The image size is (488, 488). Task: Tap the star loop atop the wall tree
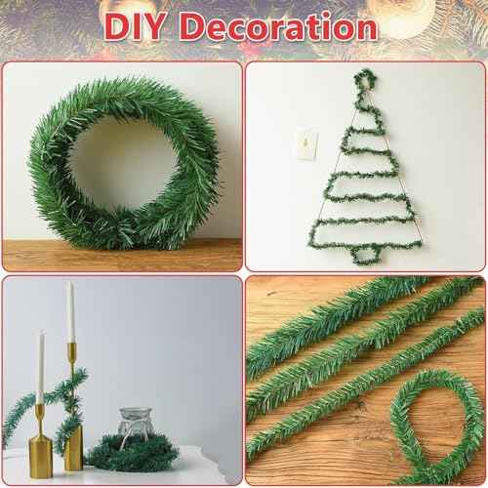(x=364, y=78)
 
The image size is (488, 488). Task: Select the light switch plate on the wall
(x=303, y=144)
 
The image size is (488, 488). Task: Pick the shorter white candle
(x=41, y=366)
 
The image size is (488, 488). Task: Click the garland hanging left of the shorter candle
(x=18, y=415)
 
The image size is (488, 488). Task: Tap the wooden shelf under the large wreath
(x=122, y=257)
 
